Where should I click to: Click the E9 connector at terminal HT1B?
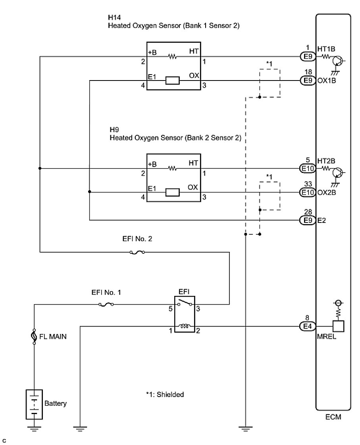[x=307, y=57]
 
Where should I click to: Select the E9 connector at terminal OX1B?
[x=307, y=81]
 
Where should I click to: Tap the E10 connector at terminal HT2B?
[x=307, y=169]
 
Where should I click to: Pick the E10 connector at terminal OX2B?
[x=307, y=193]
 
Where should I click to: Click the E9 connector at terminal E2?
[x=307, y=220]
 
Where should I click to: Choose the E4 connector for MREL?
[x=307, y=326]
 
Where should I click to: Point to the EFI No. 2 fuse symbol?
[x=137, y=252]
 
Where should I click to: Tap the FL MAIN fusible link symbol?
[x=34, y=337]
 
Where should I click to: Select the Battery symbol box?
[x=34, y=404]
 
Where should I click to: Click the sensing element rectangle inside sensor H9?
[x=172, y=193]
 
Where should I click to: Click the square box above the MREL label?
[x=338, y=326]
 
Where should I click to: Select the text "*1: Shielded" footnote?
[x=165, y=395]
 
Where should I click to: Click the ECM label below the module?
[x=333, y=418]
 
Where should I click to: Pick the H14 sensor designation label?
[x=113, y=18]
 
